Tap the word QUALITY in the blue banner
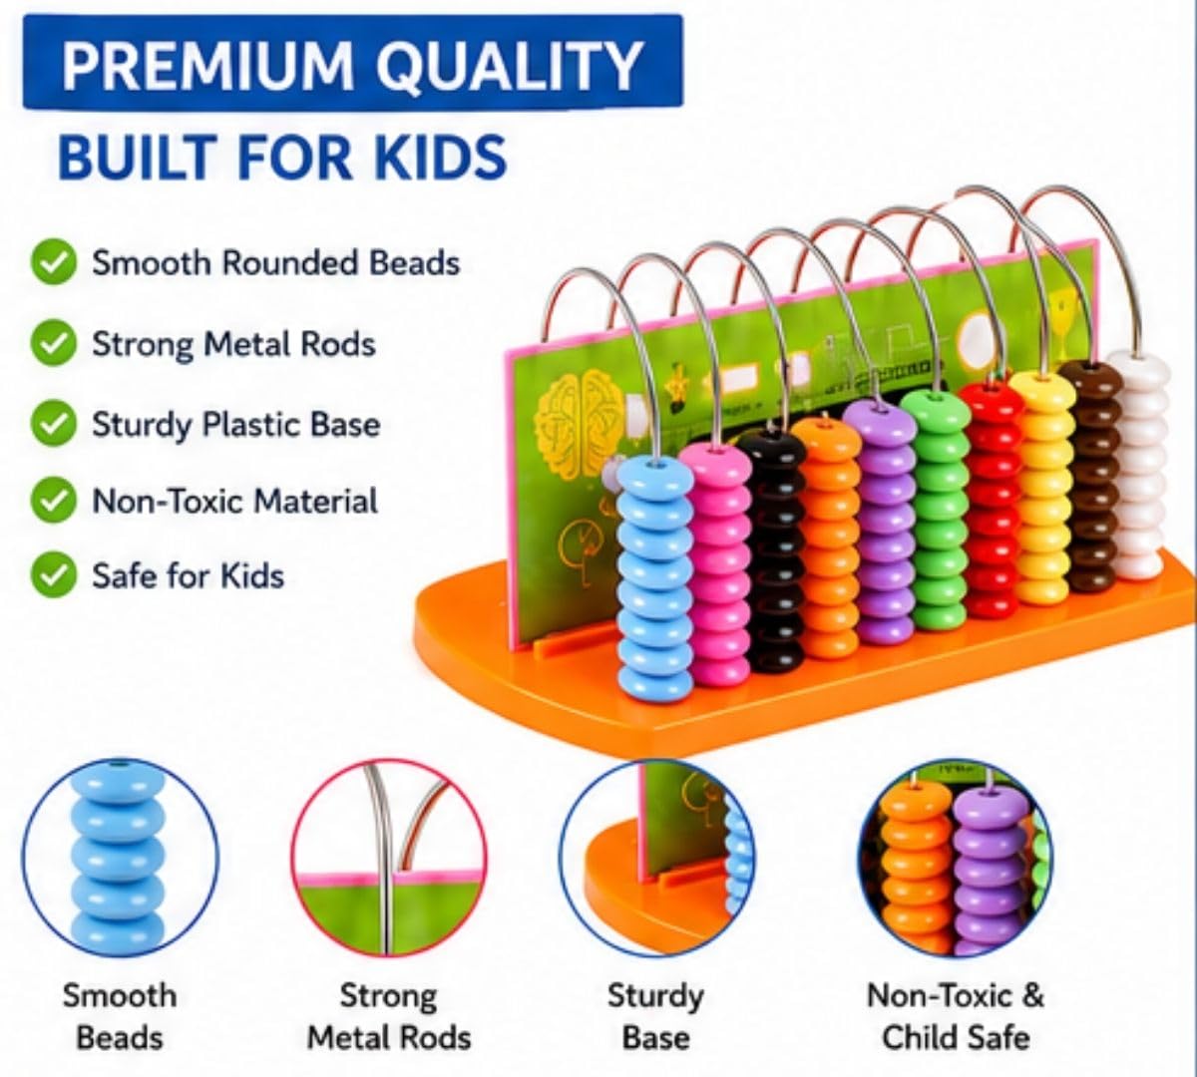510,66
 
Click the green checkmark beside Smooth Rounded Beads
54,262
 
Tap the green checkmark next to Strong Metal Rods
54,342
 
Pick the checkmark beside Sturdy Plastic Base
54,423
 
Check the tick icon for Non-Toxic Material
54,500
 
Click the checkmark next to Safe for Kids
54,575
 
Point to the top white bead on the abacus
1138,367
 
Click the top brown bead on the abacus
1091,375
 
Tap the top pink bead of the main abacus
715,461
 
